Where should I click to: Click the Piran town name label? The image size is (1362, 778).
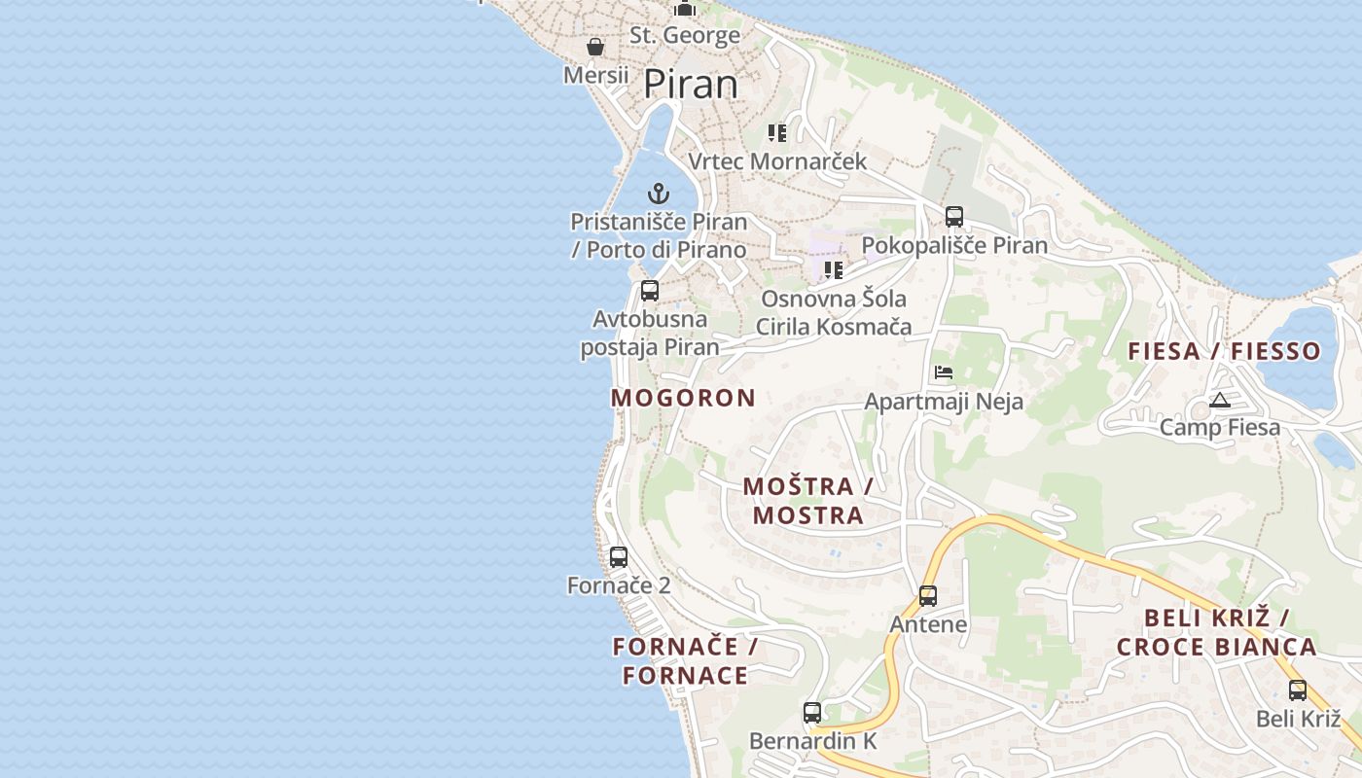point(691,85)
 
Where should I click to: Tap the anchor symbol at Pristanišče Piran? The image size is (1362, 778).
point(659,193)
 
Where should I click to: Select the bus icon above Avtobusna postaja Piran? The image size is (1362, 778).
point(650,290)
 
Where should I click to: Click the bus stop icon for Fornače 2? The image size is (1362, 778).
point(619,557)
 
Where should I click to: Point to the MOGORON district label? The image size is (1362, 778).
point(683,398)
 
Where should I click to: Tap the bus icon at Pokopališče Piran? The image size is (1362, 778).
point(954,216)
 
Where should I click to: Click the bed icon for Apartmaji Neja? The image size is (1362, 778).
point(943,372)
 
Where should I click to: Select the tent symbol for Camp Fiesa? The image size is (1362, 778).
point(1220,400)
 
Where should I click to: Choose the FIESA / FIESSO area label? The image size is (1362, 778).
point(1224,351)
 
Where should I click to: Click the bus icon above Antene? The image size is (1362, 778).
point(928,595)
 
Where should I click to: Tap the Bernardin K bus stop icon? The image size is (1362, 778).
point(812,712)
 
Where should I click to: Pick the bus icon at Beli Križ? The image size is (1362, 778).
point(1298,690)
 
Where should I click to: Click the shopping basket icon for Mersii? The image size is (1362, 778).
point(595,47)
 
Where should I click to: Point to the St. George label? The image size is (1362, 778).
point(685,36)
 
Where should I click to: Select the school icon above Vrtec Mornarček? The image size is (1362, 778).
point(776,132)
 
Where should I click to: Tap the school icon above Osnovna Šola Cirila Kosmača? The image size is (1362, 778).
point(833,269)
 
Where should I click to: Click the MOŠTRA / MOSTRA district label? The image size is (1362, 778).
point(807,501)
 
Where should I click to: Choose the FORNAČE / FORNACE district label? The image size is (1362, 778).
point(685,660)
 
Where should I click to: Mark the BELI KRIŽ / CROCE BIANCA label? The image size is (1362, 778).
point(1216,632)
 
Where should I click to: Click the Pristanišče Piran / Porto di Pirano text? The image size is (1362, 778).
point(659,235)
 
